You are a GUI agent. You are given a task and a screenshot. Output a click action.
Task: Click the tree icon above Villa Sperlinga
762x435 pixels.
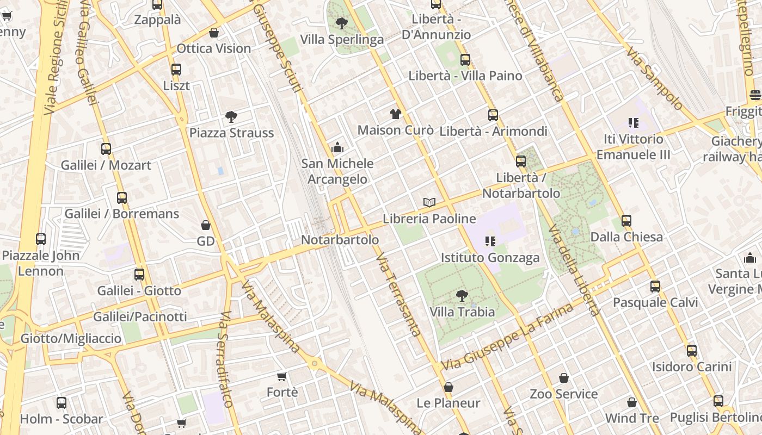pyautogui.click(x=342, y=23)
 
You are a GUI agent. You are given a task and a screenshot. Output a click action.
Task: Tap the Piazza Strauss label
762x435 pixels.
pyautogui.click(x=231, y=133)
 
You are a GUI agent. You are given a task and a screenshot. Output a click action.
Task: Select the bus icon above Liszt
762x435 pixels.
pyautogui.click(x=176, y=70)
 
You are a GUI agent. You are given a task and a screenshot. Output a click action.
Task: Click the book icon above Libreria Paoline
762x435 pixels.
pyautogui.click(x=429, y=203)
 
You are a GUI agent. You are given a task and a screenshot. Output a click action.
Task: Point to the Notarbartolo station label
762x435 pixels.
pyautogui.click(x=340, y=240)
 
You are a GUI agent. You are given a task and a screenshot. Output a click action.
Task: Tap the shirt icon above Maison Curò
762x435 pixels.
pyautogui.click(x=396, y=114)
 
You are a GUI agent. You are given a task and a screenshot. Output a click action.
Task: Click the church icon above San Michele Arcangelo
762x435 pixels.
pyautogui.click(x=337, y=147)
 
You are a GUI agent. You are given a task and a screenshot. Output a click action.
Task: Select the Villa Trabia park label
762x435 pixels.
pyautogui.click(x=462, y=312)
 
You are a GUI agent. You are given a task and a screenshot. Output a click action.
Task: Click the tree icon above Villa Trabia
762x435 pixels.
pyautogui.click(x=462, y=296)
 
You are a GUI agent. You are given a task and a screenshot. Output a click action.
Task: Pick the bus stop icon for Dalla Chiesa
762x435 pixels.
pyautogui.click(x=626, y=221)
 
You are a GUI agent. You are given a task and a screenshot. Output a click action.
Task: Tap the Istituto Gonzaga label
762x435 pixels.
pyautogui.click(x=490, y=258)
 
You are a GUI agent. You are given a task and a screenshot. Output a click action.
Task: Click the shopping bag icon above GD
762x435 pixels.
pyautogui.click(x=206, y=225)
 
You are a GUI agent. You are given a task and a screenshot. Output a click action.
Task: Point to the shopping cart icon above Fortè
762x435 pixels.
pyautogui.click(x=282, y=376)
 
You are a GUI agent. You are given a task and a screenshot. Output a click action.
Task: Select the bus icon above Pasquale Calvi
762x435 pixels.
pyautogui.click(x=655, y=287)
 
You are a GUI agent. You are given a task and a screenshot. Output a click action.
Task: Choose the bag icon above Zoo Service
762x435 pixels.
pyautogui.click(x=564, y=378)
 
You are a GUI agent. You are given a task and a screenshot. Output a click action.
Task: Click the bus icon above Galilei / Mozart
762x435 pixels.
pyautogui.click(x=106, y=149)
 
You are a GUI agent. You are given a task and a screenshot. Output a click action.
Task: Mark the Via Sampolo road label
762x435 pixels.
pyautogui.click(x=654, y=78)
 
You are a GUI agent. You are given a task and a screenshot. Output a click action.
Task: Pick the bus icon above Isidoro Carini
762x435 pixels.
pyautogui.click(x=692, y=351)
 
